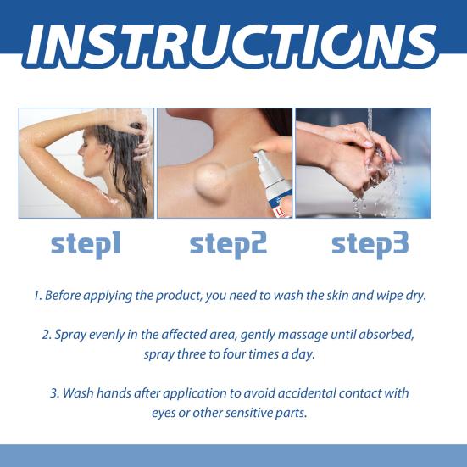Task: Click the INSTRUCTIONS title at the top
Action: [233, 43]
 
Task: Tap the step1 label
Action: [86, 244]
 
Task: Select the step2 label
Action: [228, 244]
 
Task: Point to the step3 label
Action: [370, 244]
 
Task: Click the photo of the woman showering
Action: [86, 163]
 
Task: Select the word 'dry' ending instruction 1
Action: [420, 297]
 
